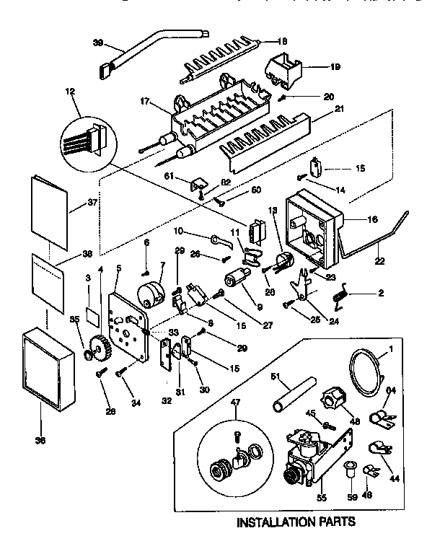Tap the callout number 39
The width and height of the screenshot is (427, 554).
[99, 43]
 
